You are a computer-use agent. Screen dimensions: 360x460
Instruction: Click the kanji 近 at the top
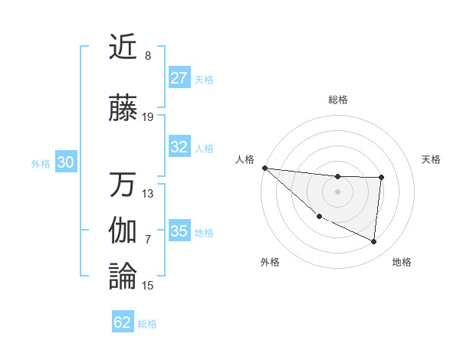[123, 47]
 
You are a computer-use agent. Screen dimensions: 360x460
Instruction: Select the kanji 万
[123, 185]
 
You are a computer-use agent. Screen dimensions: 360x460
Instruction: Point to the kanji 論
[123, 277]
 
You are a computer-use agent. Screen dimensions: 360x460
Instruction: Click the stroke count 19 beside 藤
[148, 117]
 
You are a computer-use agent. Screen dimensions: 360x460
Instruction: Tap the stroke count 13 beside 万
[148, 194]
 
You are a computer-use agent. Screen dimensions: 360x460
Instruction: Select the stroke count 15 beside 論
[148, 286]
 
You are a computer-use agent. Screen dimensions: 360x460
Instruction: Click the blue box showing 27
[179, 77]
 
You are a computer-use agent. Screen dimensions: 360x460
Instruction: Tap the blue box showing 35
[179, 231]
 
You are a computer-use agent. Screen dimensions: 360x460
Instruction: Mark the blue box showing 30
[65, 162]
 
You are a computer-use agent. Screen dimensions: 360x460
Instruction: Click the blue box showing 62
[123, 322]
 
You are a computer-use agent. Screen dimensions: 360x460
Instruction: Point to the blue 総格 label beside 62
[147, 324]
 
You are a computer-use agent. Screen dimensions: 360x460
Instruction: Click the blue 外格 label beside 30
[41, 163]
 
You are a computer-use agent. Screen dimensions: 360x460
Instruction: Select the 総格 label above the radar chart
[337, 100]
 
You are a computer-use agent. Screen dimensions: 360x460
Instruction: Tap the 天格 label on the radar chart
[432, 159]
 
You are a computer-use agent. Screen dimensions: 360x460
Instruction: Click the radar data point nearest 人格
[264, 168]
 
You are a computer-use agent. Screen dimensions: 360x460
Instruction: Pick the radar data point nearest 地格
[374, 242]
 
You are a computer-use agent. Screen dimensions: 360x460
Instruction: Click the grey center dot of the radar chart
[337, 191]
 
